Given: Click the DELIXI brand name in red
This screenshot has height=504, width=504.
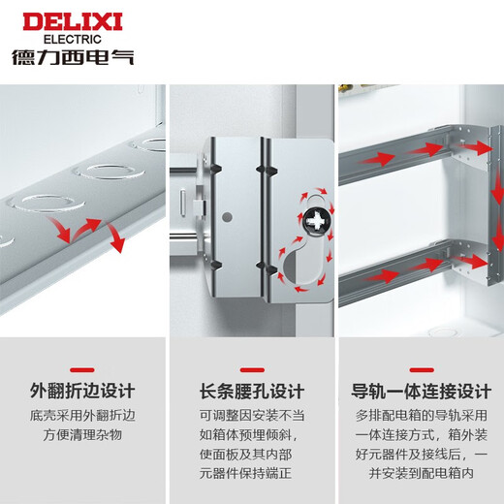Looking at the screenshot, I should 73,20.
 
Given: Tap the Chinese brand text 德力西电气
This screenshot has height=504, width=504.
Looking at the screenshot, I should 73,56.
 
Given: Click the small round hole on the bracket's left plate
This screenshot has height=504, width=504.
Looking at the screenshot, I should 225,215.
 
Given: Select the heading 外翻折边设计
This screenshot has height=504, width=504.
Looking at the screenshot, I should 82,392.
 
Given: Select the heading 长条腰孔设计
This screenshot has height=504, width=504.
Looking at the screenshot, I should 251,392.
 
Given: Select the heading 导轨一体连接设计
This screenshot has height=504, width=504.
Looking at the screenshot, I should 421,392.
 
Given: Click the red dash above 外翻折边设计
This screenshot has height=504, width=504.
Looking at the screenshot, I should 82,367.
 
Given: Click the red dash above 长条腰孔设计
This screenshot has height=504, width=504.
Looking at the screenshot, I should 251,367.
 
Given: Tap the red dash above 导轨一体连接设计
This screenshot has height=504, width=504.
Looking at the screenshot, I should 421,367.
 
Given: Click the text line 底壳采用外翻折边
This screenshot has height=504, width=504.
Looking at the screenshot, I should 82,417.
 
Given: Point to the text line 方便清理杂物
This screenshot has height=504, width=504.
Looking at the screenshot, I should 82,436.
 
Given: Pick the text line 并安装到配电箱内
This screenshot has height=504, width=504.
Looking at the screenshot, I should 421,475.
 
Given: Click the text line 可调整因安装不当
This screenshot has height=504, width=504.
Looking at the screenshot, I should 251,417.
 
